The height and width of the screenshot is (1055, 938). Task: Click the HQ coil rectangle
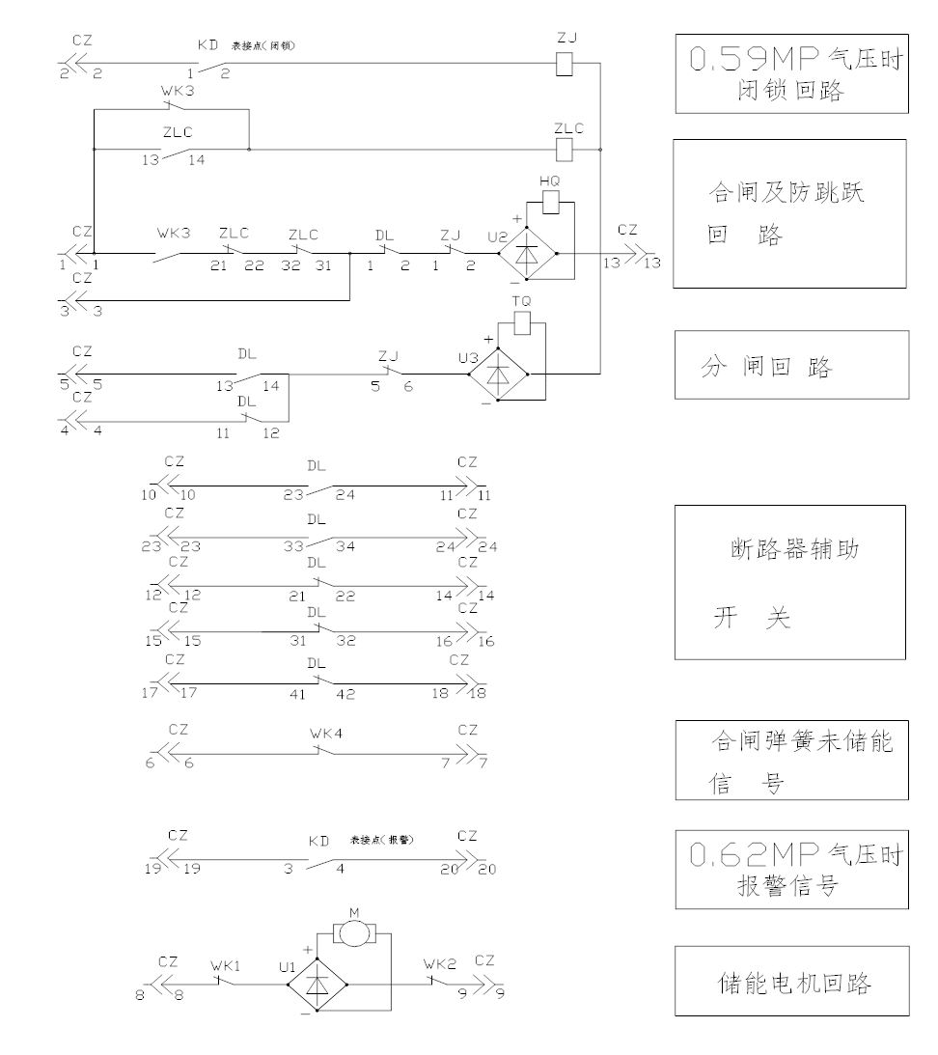(550, 203)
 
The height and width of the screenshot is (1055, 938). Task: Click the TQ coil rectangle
(522, 323)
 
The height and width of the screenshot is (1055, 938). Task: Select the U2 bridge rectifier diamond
(527, 254)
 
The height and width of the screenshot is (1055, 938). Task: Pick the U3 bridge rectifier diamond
(498, 375)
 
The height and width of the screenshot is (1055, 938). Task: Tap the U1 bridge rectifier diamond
(317, 985)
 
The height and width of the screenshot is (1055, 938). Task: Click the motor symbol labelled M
(354, 934)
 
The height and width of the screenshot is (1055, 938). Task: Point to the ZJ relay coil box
(565, 64)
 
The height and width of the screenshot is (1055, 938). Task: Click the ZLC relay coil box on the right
(565, 150)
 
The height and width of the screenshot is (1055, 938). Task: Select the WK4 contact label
(325, 734)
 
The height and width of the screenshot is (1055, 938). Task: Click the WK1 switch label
(226, 966)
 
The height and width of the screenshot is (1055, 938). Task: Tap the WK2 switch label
(440, 964)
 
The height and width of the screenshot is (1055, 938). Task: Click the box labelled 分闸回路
(792, 365)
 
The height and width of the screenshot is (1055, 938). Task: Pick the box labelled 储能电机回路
(792, 981)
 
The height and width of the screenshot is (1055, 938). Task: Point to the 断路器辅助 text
(794, 549)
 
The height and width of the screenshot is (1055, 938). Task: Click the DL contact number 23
(293, 495)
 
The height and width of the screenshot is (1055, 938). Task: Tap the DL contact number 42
(345, 694)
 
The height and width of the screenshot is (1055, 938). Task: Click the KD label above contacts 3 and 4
(319, 841)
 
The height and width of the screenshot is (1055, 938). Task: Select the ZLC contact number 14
(197, 160)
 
